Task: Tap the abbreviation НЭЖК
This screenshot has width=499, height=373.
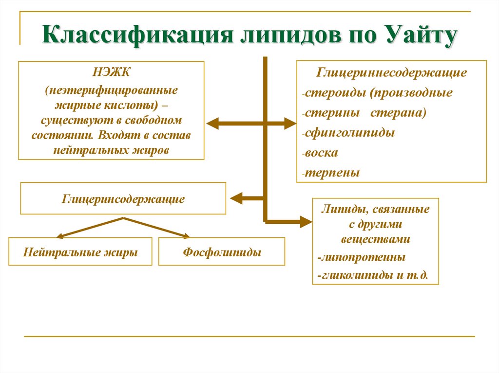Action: (112, 74)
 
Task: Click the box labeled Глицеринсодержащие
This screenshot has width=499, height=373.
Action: (123, 198)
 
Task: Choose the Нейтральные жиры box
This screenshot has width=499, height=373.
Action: (80, 252)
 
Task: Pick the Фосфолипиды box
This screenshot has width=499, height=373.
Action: (222, 252)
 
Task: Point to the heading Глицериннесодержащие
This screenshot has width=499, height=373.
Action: (392, 73)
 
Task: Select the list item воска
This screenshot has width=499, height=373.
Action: (322, 152)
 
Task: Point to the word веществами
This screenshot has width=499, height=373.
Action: (375, 239)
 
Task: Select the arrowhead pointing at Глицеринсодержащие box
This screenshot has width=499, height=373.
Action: (235, 198)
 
